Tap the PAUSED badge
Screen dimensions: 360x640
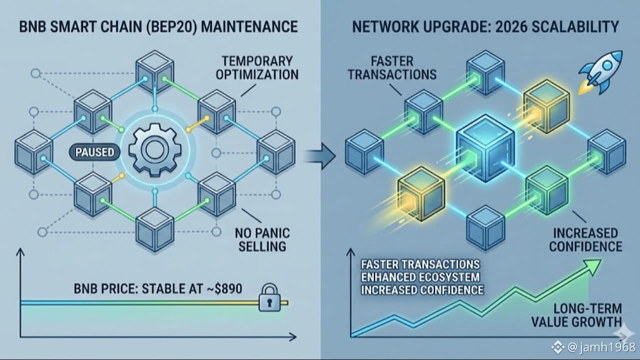94,152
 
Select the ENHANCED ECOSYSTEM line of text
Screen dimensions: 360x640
420,277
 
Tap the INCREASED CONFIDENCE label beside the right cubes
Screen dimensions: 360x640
585,239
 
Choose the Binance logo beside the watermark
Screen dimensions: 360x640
557,346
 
